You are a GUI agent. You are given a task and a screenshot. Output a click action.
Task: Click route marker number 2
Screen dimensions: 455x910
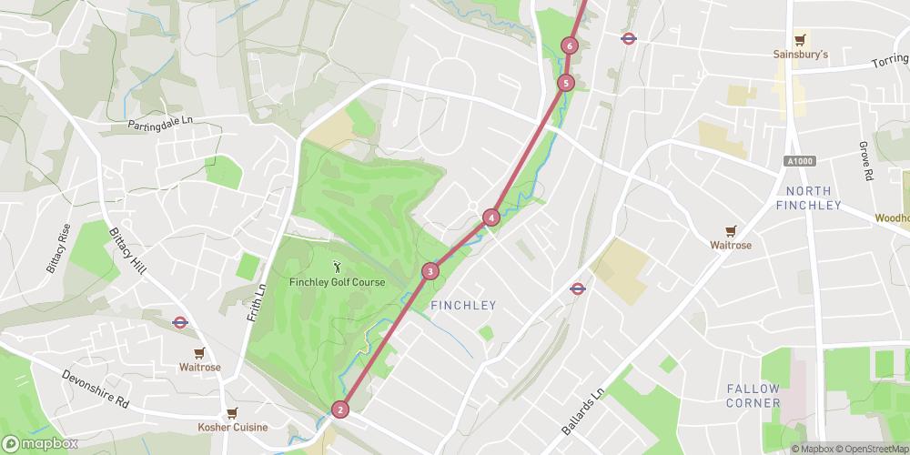click(340, 409)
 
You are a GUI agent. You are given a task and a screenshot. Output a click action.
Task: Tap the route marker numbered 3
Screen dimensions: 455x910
click(430, 271)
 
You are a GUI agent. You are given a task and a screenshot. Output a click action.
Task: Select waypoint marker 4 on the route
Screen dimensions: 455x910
click(491, 217)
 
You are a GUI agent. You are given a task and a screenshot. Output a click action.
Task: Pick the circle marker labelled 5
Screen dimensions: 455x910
click(566, 84)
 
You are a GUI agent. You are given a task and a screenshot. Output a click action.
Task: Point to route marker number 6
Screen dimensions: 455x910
click(570, 45)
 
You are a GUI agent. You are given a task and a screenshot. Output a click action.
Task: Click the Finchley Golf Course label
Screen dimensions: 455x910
click(337, 282)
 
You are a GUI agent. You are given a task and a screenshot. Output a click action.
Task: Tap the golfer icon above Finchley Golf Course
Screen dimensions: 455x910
click(338, 267)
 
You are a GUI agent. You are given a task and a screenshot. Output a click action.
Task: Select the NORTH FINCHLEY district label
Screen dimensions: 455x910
click(809, 197)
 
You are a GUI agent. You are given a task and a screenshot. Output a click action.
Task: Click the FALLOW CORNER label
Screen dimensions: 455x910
click(753, 396)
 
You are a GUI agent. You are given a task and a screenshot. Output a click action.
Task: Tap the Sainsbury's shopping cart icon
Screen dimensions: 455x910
click(800, 39)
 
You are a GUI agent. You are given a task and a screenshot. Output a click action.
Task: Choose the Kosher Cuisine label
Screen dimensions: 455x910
click(233, 427)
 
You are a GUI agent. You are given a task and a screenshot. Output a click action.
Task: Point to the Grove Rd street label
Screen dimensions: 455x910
click(866, 161)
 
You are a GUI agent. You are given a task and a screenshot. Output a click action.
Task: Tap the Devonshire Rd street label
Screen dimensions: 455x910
click(96, 389)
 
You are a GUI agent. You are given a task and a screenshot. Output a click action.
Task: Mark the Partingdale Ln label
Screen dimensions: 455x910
click(162, 124)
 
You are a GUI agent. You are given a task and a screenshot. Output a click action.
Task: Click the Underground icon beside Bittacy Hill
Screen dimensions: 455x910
click(180, 321)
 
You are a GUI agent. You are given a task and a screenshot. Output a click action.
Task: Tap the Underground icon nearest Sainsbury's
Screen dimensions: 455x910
click(628, 38)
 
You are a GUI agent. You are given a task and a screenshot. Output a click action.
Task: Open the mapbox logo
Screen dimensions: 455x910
click(40, 443)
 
